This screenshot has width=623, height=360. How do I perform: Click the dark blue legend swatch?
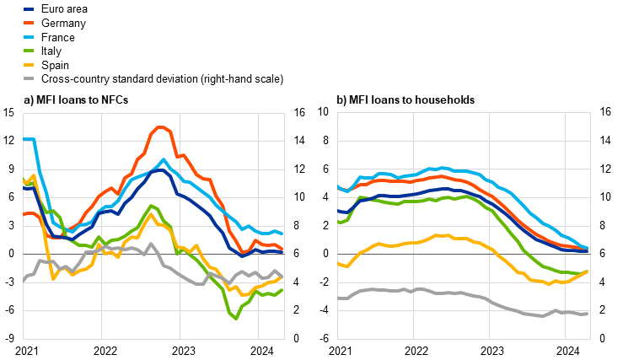(x=29, y=9)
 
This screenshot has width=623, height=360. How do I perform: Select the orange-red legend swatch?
(x=29, y=23)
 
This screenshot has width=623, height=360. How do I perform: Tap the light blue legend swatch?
(x=29, y=37)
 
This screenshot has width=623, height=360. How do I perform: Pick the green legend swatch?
(x=29, y=51)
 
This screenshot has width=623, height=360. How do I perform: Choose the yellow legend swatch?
(x=29, y=64)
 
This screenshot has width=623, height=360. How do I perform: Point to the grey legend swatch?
(x=29, y=78)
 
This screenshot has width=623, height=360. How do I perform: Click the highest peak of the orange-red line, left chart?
(x=160, y=127)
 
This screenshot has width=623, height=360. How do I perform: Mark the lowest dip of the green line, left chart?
(x=235, y=318)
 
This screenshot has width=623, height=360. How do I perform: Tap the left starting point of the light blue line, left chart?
(x=24, y=139)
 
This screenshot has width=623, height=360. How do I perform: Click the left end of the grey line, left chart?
(x=24, y=279)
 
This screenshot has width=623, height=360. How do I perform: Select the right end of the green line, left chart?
(x=284, y=289)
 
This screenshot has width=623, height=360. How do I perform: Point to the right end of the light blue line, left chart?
(x=284, y=233)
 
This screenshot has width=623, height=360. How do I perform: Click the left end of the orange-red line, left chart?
(x=24, y=214)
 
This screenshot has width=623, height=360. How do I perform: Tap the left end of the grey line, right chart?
(x=339, y=298)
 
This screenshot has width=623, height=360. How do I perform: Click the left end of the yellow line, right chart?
(x=339, y=264)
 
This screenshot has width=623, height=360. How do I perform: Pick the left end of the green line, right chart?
(x=339, y=222)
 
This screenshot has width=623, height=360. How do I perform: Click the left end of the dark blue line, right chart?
(x=339, y=211)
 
